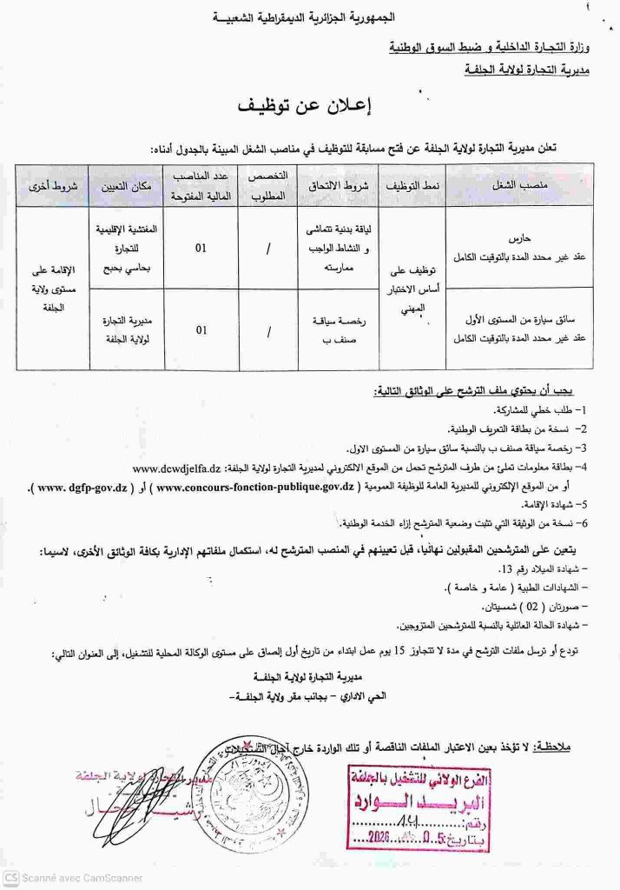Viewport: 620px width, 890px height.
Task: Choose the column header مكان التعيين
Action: tap(127, 184)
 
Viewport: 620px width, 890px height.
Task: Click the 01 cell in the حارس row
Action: tap(201, 249)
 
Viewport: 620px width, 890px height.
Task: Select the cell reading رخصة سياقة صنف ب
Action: tap(339, 329)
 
